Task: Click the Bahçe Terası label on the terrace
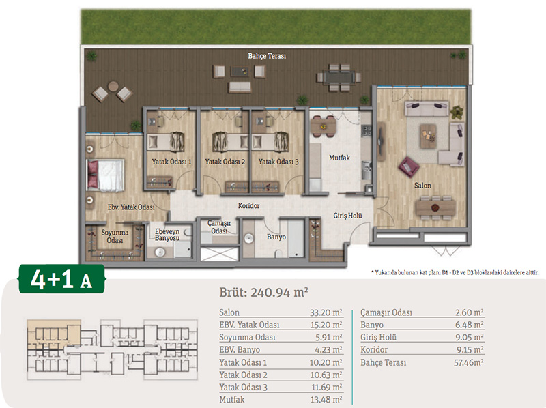point(267,56)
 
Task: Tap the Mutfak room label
point(339,158)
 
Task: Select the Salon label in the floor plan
point(422,186)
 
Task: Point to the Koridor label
point(248,206)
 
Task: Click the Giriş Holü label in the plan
point(347,216)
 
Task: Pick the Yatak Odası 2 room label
point(225,162)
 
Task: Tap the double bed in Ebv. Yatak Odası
point(106,175)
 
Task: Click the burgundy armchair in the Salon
point(408,166)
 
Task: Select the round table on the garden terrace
point(113,86)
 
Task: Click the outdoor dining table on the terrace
point(338,77)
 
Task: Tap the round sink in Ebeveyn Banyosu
point(160,252)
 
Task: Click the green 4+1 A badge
point(61,279)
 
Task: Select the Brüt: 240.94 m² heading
point(263,292)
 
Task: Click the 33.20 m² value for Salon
point(326,312)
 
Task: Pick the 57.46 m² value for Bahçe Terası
point(469,363)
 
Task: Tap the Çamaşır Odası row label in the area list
point(386,312)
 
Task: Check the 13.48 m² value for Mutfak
point(326,400)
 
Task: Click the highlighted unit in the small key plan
point(54,334)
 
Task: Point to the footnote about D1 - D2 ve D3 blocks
point(455,273)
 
